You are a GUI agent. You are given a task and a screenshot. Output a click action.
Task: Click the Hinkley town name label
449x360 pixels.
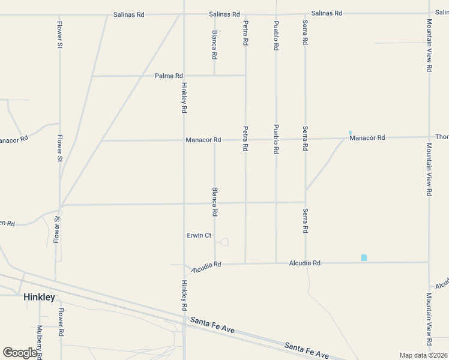[39, 297]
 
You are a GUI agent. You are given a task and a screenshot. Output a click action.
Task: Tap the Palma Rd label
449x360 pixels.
[169, 76]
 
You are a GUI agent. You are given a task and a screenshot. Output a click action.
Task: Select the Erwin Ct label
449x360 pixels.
[199, 236]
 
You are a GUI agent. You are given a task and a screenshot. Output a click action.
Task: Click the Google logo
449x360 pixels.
[20, 353]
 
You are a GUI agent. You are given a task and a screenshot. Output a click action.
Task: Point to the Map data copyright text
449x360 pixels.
[423, 355]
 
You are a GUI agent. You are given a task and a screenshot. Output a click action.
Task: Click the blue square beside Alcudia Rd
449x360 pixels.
[364, 257]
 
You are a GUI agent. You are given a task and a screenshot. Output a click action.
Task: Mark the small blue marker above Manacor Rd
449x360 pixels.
[350, 133]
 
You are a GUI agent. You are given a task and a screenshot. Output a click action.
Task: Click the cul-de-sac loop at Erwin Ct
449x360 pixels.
[224, 242]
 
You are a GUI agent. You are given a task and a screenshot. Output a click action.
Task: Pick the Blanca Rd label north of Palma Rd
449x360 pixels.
[214, 45]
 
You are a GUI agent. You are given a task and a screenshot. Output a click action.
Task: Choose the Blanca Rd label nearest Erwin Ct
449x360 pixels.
[214, 202]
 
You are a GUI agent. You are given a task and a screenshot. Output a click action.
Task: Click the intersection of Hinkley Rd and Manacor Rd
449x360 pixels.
[184, 140]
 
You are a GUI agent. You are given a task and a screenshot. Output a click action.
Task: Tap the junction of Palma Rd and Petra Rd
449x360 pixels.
[245, 76]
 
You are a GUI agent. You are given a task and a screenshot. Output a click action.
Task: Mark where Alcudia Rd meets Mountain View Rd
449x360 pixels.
[429, 262]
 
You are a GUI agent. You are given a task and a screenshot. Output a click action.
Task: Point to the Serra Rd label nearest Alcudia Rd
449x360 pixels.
[306, 221]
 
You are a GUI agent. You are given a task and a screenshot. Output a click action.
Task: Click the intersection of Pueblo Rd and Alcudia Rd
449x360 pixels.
[276, 262]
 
